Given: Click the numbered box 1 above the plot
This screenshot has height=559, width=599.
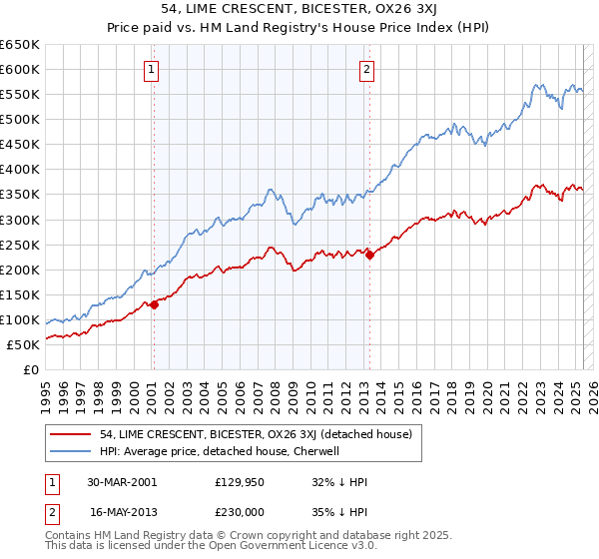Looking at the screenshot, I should (152, 70).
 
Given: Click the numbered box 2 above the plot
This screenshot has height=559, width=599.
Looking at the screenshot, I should (367, 70).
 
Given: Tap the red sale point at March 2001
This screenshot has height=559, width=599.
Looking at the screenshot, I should (155, 304).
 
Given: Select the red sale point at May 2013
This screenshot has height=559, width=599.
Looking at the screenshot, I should (369, 255).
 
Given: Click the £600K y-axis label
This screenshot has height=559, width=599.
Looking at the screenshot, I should (21, 69).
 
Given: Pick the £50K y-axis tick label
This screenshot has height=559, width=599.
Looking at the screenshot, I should (25, 344).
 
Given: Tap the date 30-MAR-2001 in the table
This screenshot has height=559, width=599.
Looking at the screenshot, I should (122, 481).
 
